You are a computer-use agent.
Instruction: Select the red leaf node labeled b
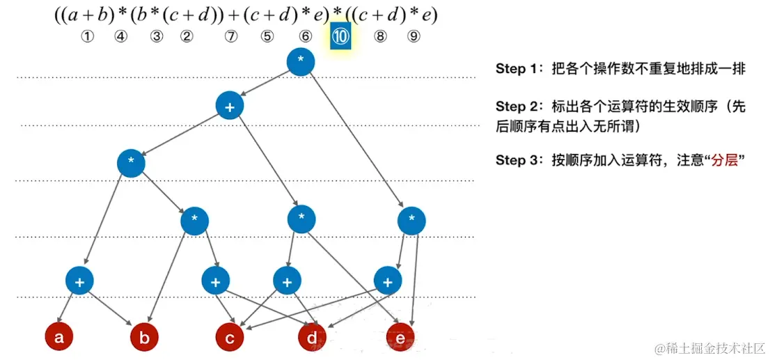pyautogui.click(x=145, y=338)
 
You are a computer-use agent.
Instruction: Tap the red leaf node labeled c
pyautogui.click(x=229, y=338)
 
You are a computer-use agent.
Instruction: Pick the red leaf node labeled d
pyautogui.click(x=312, y=338)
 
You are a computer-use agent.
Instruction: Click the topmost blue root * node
pyautogui.click(x=301, y=61)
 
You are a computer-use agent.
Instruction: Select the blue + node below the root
pyautogui.click(x=229, y=106)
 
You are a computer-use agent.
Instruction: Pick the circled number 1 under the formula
pyautogui.click(x=87, y=38)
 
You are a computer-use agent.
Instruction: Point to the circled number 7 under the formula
pyautogui.click(x=231, y=38)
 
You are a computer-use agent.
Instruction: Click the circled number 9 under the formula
pyautogui.click(x=414, y=38)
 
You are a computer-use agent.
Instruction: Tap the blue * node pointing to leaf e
pyautogui.click(x=411, y=221)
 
